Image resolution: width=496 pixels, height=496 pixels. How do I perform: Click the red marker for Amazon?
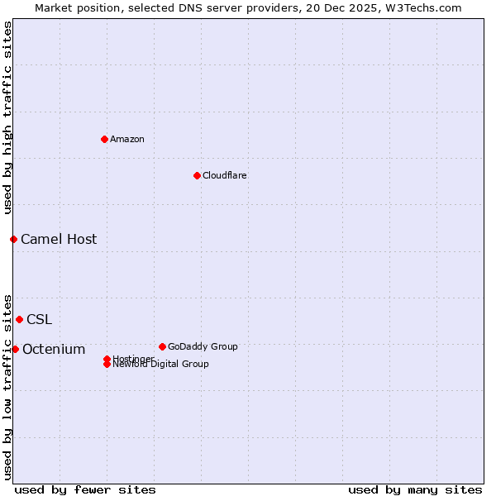tap(104, 139)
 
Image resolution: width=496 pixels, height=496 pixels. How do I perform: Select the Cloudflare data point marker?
tap(197, 175)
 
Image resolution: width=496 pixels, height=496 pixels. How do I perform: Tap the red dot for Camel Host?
tap(13, 239)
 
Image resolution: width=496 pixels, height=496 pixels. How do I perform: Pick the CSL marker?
tap(19, 319)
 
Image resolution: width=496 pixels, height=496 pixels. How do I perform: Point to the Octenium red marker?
tap(15, 349)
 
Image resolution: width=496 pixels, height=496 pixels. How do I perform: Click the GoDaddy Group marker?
tap(162, 346)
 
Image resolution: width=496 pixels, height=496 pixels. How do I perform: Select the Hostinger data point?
tap(107, 359)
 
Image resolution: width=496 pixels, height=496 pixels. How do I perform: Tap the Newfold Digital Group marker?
tap(107, 365)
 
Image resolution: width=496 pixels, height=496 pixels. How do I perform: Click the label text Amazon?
tap(127, 139)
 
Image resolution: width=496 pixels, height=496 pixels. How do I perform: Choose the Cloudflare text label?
tap(225, 175)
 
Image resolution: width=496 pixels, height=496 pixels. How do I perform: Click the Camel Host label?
tap(59, 239)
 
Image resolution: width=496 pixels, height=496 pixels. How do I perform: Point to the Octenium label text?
tap(54, 349)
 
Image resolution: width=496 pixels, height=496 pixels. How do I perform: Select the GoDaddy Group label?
tap(203, 346)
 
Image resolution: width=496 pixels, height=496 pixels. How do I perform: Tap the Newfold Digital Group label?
tap(161, 365)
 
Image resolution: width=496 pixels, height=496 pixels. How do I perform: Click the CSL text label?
tap(39, 319)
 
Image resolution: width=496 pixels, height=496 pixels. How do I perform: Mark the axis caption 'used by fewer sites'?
tap(85, 489)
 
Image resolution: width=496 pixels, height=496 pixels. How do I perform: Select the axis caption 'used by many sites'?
tap(415, 489)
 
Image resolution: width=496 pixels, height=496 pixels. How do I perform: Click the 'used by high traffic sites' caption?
tap(7, 117)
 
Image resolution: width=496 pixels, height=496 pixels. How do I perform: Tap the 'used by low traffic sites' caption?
tap(7, 387)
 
